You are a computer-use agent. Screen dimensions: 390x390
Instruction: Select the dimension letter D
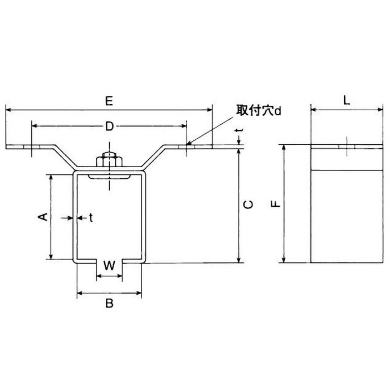point(110,127)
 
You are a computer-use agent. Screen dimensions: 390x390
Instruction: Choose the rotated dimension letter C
point(250,204)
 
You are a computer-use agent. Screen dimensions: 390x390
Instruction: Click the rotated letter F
point(275,204)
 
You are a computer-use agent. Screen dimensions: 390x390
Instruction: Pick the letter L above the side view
point(345,101)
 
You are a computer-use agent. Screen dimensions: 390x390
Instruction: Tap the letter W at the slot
point(110,266)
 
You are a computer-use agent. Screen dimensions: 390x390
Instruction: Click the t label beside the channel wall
point(90,217)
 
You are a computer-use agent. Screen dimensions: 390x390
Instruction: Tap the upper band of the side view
point(345,158)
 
